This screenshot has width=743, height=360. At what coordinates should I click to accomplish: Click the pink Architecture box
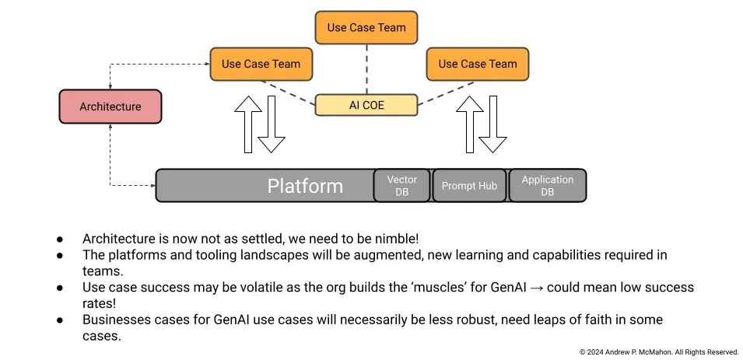[110, 107]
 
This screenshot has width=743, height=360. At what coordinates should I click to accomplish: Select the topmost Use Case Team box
[366, 27]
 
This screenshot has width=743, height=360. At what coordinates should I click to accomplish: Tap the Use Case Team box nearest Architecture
[261, 64]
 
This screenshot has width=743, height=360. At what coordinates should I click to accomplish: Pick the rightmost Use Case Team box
[478, 64]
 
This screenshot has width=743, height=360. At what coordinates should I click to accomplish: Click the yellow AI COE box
[366, 105]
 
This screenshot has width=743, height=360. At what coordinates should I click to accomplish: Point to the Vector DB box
[401, 186]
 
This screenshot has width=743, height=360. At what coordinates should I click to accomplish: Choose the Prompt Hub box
[469, 186]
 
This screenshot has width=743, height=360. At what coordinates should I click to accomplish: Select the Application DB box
[547, 186]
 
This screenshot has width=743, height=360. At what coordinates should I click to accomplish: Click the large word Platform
[305, 186]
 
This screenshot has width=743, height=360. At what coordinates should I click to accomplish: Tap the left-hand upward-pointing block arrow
[248, 124]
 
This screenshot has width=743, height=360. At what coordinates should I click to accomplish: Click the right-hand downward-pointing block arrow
[492, 124]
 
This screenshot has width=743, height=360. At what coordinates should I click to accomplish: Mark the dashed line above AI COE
[366, 69]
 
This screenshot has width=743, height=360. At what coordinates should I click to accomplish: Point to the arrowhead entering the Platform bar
[152, 186]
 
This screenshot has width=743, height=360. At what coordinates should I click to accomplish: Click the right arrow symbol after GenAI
[538, 288]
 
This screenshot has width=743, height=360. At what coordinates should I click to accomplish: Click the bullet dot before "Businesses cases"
[60, 320]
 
